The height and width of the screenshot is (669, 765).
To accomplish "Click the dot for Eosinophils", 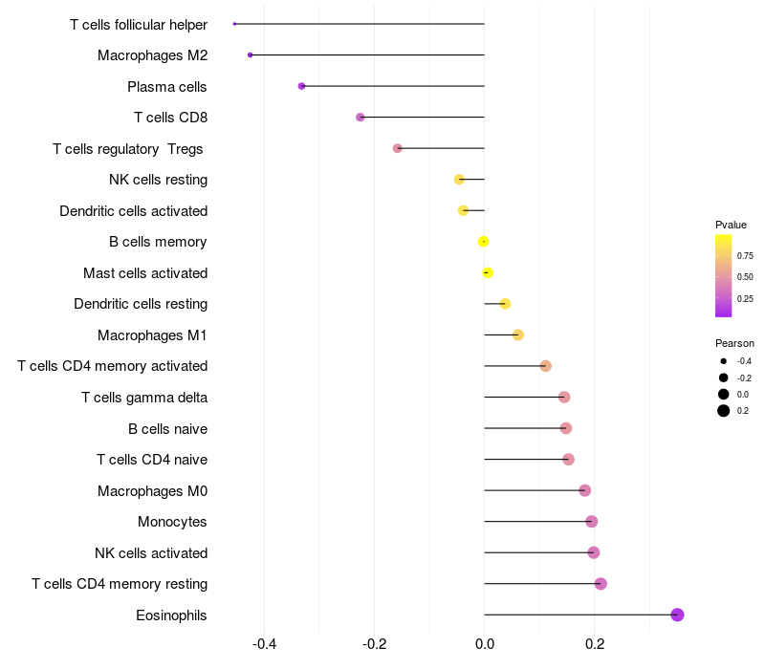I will click(677, 615).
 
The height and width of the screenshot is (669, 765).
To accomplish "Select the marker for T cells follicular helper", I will click(234, 24).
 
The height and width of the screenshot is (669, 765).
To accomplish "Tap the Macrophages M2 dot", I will click(251, 55).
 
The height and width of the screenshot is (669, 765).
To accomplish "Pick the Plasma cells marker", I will click(302, 86).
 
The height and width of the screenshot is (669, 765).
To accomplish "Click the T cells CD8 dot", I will click(361, 118).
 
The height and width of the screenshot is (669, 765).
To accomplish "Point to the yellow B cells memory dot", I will click(484, 242).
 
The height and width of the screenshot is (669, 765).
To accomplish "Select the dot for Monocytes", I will click(592, 522).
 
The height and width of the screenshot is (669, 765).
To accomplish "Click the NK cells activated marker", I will click(594, 552).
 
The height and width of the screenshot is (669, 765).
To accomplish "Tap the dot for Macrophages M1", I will click(518, 334).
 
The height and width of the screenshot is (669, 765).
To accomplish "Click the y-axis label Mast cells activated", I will click(145, 273).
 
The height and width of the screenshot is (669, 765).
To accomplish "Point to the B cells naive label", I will click(167, 428).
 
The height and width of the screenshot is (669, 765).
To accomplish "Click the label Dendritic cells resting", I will click(141, 304).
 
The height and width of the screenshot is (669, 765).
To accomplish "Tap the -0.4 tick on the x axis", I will click(264, 644).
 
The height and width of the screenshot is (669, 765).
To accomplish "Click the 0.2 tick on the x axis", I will click(595, 644).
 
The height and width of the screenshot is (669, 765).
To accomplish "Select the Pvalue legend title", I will click(731, 225).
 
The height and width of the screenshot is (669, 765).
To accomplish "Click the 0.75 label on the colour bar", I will click(745, 256).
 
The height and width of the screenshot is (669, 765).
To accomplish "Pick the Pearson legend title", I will click(734, 343).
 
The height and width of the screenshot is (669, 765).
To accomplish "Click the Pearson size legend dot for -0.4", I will click(724, 361).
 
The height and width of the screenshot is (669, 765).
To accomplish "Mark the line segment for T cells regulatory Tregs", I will click(441, 148).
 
